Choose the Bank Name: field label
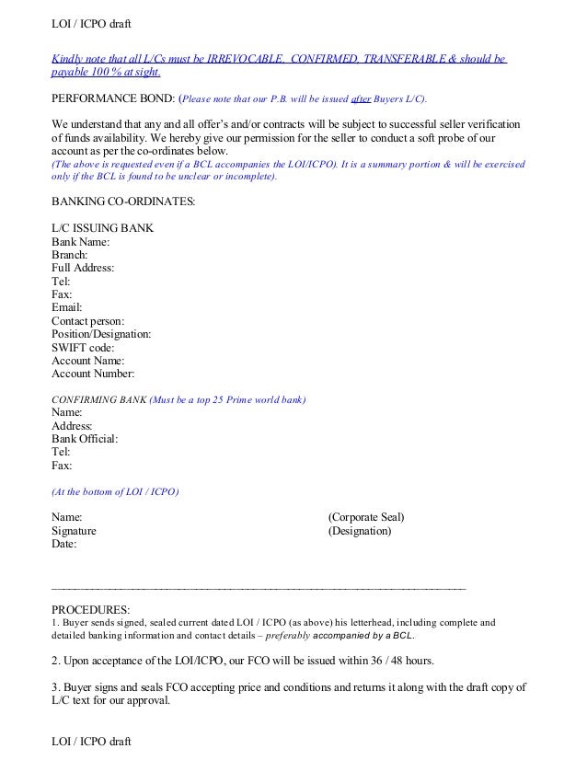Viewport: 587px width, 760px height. tap(81, 242)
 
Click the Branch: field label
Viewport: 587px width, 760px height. tap(70, 255)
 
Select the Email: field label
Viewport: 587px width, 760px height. tap(67, 307)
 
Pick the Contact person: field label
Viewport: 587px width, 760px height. tap(90, 321)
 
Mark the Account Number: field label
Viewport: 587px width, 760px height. tap(93, 374)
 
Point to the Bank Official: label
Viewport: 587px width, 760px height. tap(85, 439)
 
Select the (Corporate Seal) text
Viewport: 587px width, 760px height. tap(366, 517)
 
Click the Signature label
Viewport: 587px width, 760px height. tap(74, 531)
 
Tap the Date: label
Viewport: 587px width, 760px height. tap(64, 544)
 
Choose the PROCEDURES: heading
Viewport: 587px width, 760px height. tap(91, 609)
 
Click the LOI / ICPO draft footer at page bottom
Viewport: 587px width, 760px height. tap(92, 740)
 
